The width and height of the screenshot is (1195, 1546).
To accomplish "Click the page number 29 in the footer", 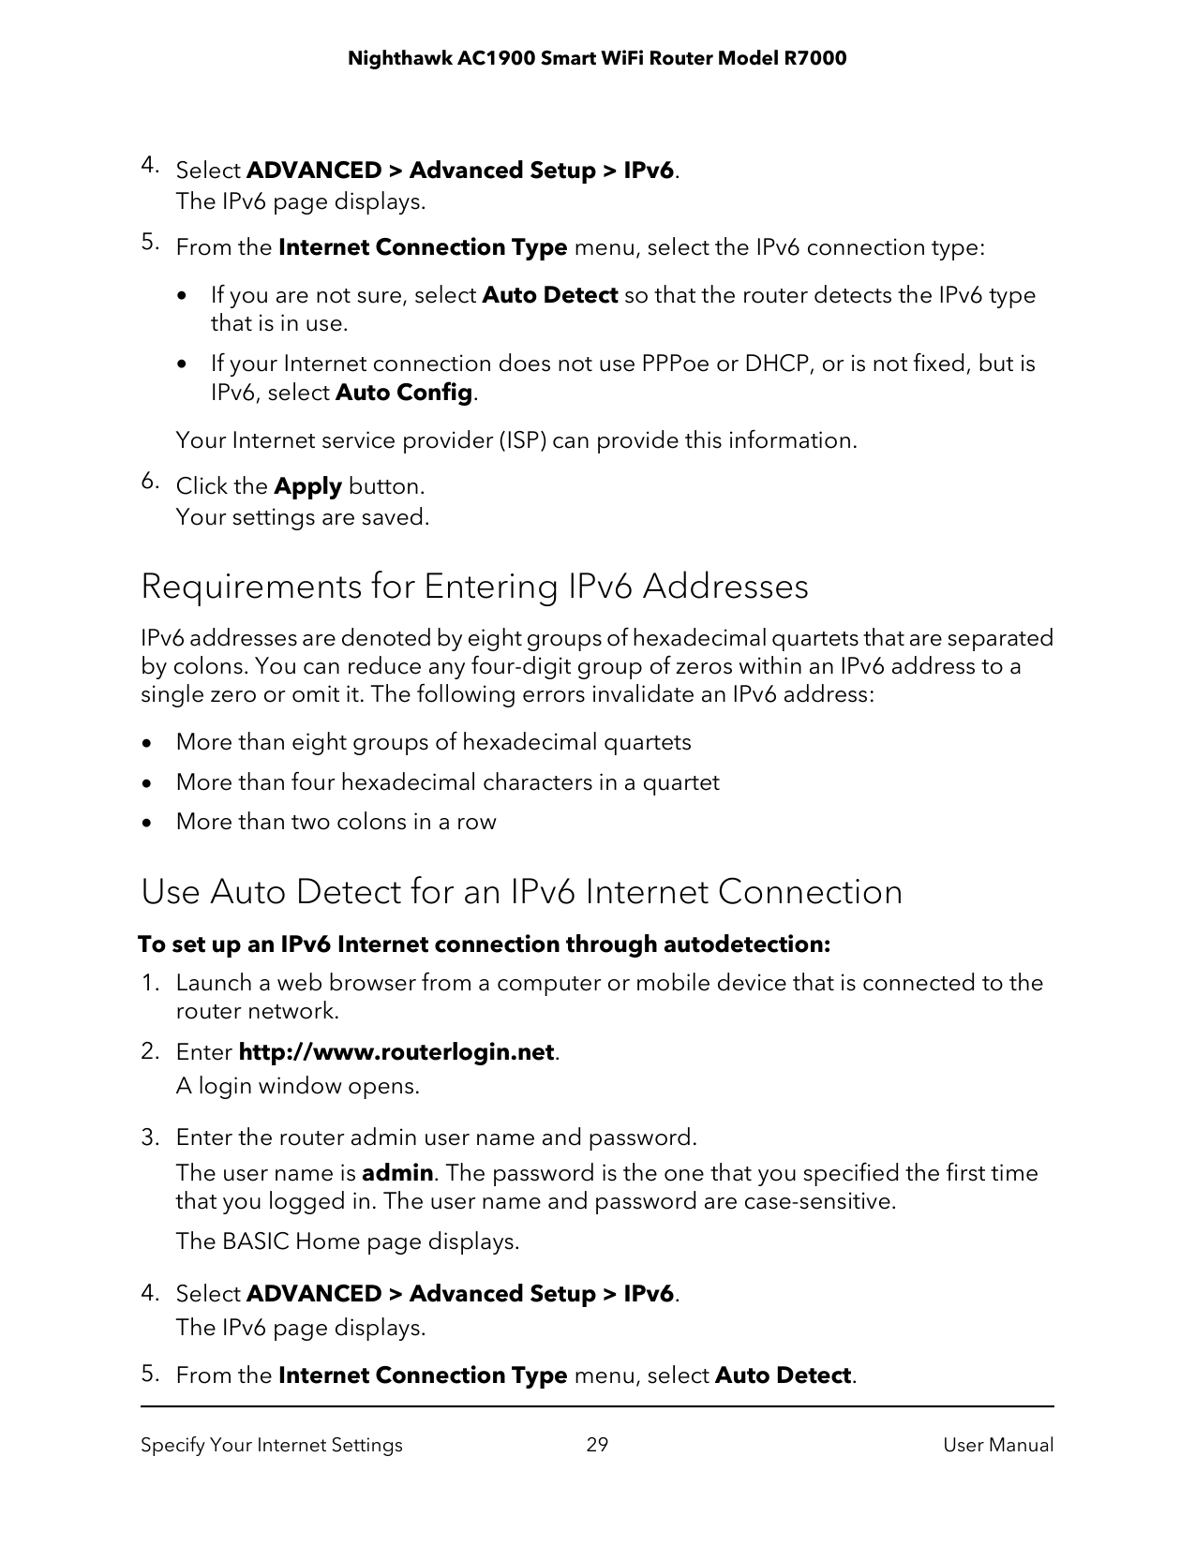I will point(597,1445).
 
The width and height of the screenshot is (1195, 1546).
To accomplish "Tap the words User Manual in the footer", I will point(997,1445).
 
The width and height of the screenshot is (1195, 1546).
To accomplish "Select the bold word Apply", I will point(307,486).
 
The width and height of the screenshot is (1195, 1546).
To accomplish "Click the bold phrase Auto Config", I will point(403,392).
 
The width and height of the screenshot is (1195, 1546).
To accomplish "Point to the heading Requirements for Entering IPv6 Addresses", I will point(474,587).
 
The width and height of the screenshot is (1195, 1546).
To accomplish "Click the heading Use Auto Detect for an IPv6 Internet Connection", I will point(521,891).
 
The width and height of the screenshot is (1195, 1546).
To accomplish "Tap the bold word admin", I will point(397,1173).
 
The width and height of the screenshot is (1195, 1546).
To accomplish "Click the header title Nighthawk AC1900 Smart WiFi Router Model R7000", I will point(597,59).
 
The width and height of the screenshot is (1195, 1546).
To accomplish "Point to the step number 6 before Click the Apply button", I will point(148,483).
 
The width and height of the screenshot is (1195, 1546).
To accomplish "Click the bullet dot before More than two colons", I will point(146,823).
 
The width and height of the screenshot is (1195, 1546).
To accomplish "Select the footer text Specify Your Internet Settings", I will point(272,1445).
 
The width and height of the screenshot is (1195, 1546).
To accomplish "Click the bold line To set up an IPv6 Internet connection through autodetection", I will point(484,944).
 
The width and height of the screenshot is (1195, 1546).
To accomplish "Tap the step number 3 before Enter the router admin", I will point(148,1137).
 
